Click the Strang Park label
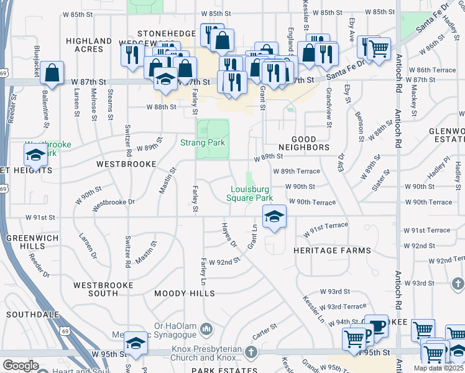point(202,143)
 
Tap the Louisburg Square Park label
point(252,193)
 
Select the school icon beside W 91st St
point(274,217)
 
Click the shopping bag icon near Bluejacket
point(53,73)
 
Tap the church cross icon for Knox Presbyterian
point(251,352)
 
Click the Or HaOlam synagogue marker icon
point(207,328)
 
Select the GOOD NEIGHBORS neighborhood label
point(304,144)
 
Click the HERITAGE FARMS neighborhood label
point(332,251)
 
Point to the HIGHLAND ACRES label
point(89,45)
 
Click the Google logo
point(21,365)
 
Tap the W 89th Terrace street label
point(296,171)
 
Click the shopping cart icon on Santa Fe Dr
point(379,48)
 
